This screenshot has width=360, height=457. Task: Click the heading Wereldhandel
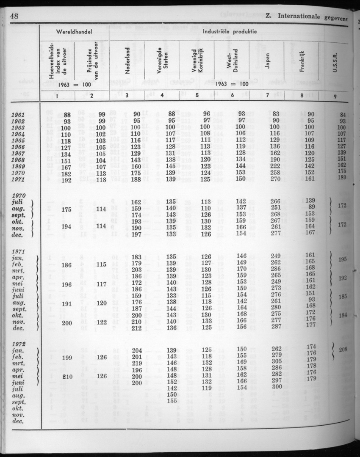tap(74, 32)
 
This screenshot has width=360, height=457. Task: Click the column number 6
tap(232, 96)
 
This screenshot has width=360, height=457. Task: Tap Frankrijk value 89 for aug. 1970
tap(313, 207)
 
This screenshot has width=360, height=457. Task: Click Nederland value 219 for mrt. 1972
tap(136, 363)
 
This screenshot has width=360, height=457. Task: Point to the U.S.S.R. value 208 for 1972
tap(343, 350)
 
